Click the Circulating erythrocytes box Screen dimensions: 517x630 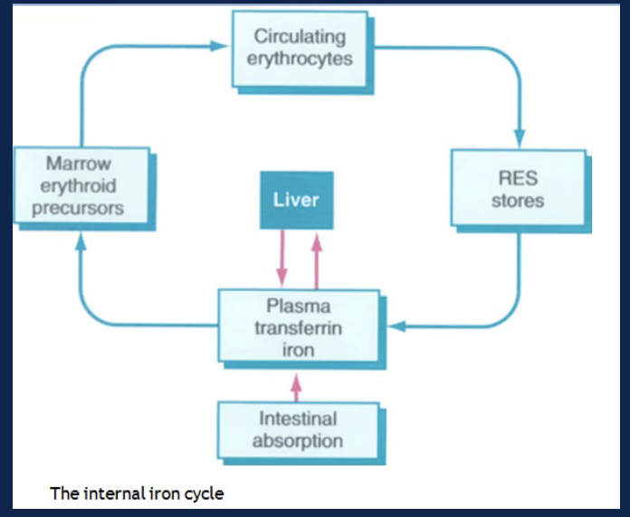301,49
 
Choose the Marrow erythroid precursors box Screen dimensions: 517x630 82,187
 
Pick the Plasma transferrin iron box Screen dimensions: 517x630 299,327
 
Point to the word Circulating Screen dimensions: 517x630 301,37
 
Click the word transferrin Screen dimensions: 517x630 299,328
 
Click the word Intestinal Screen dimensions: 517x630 298,419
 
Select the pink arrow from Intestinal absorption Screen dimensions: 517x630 295,389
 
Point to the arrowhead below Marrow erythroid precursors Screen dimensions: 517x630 81,240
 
